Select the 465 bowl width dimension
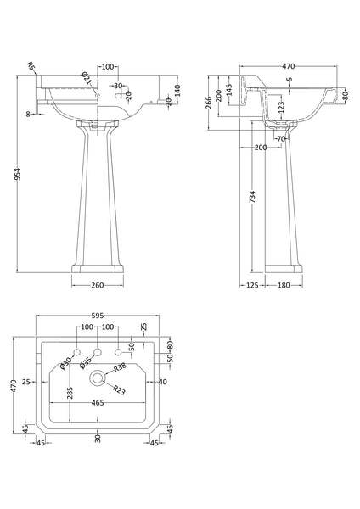[x=97, y=403]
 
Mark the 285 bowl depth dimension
[x=70, y=394]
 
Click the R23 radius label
[x=120, y=389]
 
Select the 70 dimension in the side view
[x=282, y=138]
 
